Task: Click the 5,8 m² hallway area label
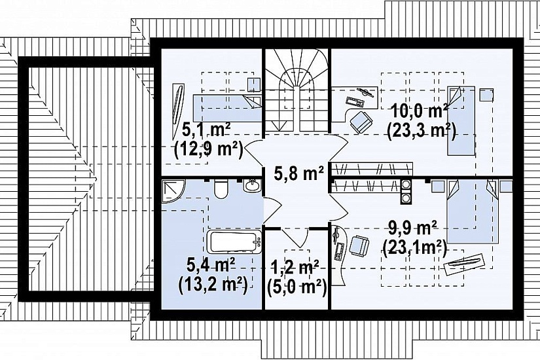[x=299, y=173]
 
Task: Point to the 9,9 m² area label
[x=412, y=228]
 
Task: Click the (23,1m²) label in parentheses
[x=414, y=247]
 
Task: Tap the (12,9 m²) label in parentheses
[x=209, y=149]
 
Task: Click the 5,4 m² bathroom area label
[x=211, y=266]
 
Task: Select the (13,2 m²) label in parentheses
[x=213, y=285]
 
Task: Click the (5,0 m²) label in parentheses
[x=297, y=287]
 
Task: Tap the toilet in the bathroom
[x=221, y=189]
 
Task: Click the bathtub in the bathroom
[x=234, y=242]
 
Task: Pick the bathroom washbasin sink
[x=253, y=187]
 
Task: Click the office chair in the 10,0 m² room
[x=361, y=122]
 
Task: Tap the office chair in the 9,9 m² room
[x=359, y=245]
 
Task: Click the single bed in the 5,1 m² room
[x=227, y=107]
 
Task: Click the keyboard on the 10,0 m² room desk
[x=355, y=101]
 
